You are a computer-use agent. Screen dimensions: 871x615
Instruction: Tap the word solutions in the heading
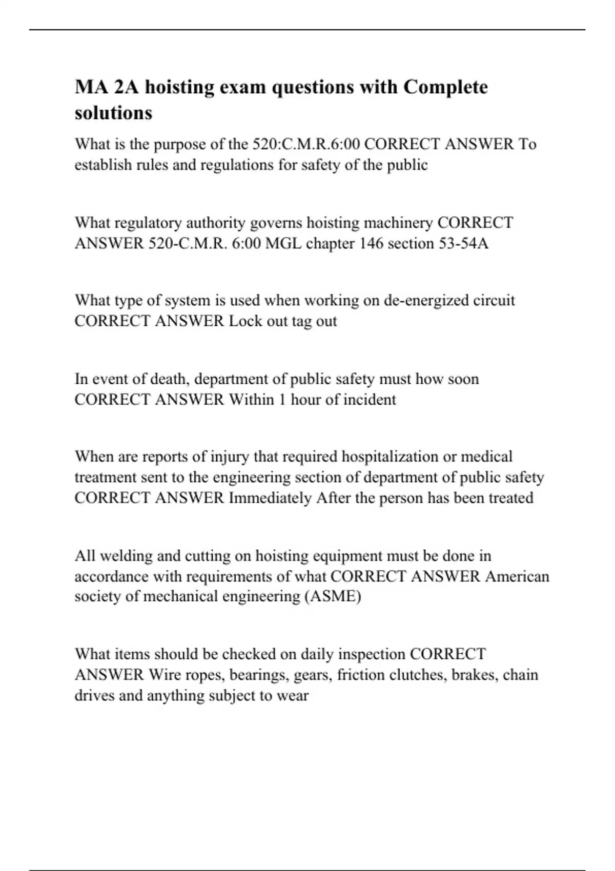[113, 113]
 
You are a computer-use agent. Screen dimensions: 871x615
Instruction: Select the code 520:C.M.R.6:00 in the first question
[306, 144]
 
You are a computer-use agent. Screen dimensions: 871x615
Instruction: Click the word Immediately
[270, 498]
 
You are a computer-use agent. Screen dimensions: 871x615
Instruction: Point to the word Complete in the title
[445, 87]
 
